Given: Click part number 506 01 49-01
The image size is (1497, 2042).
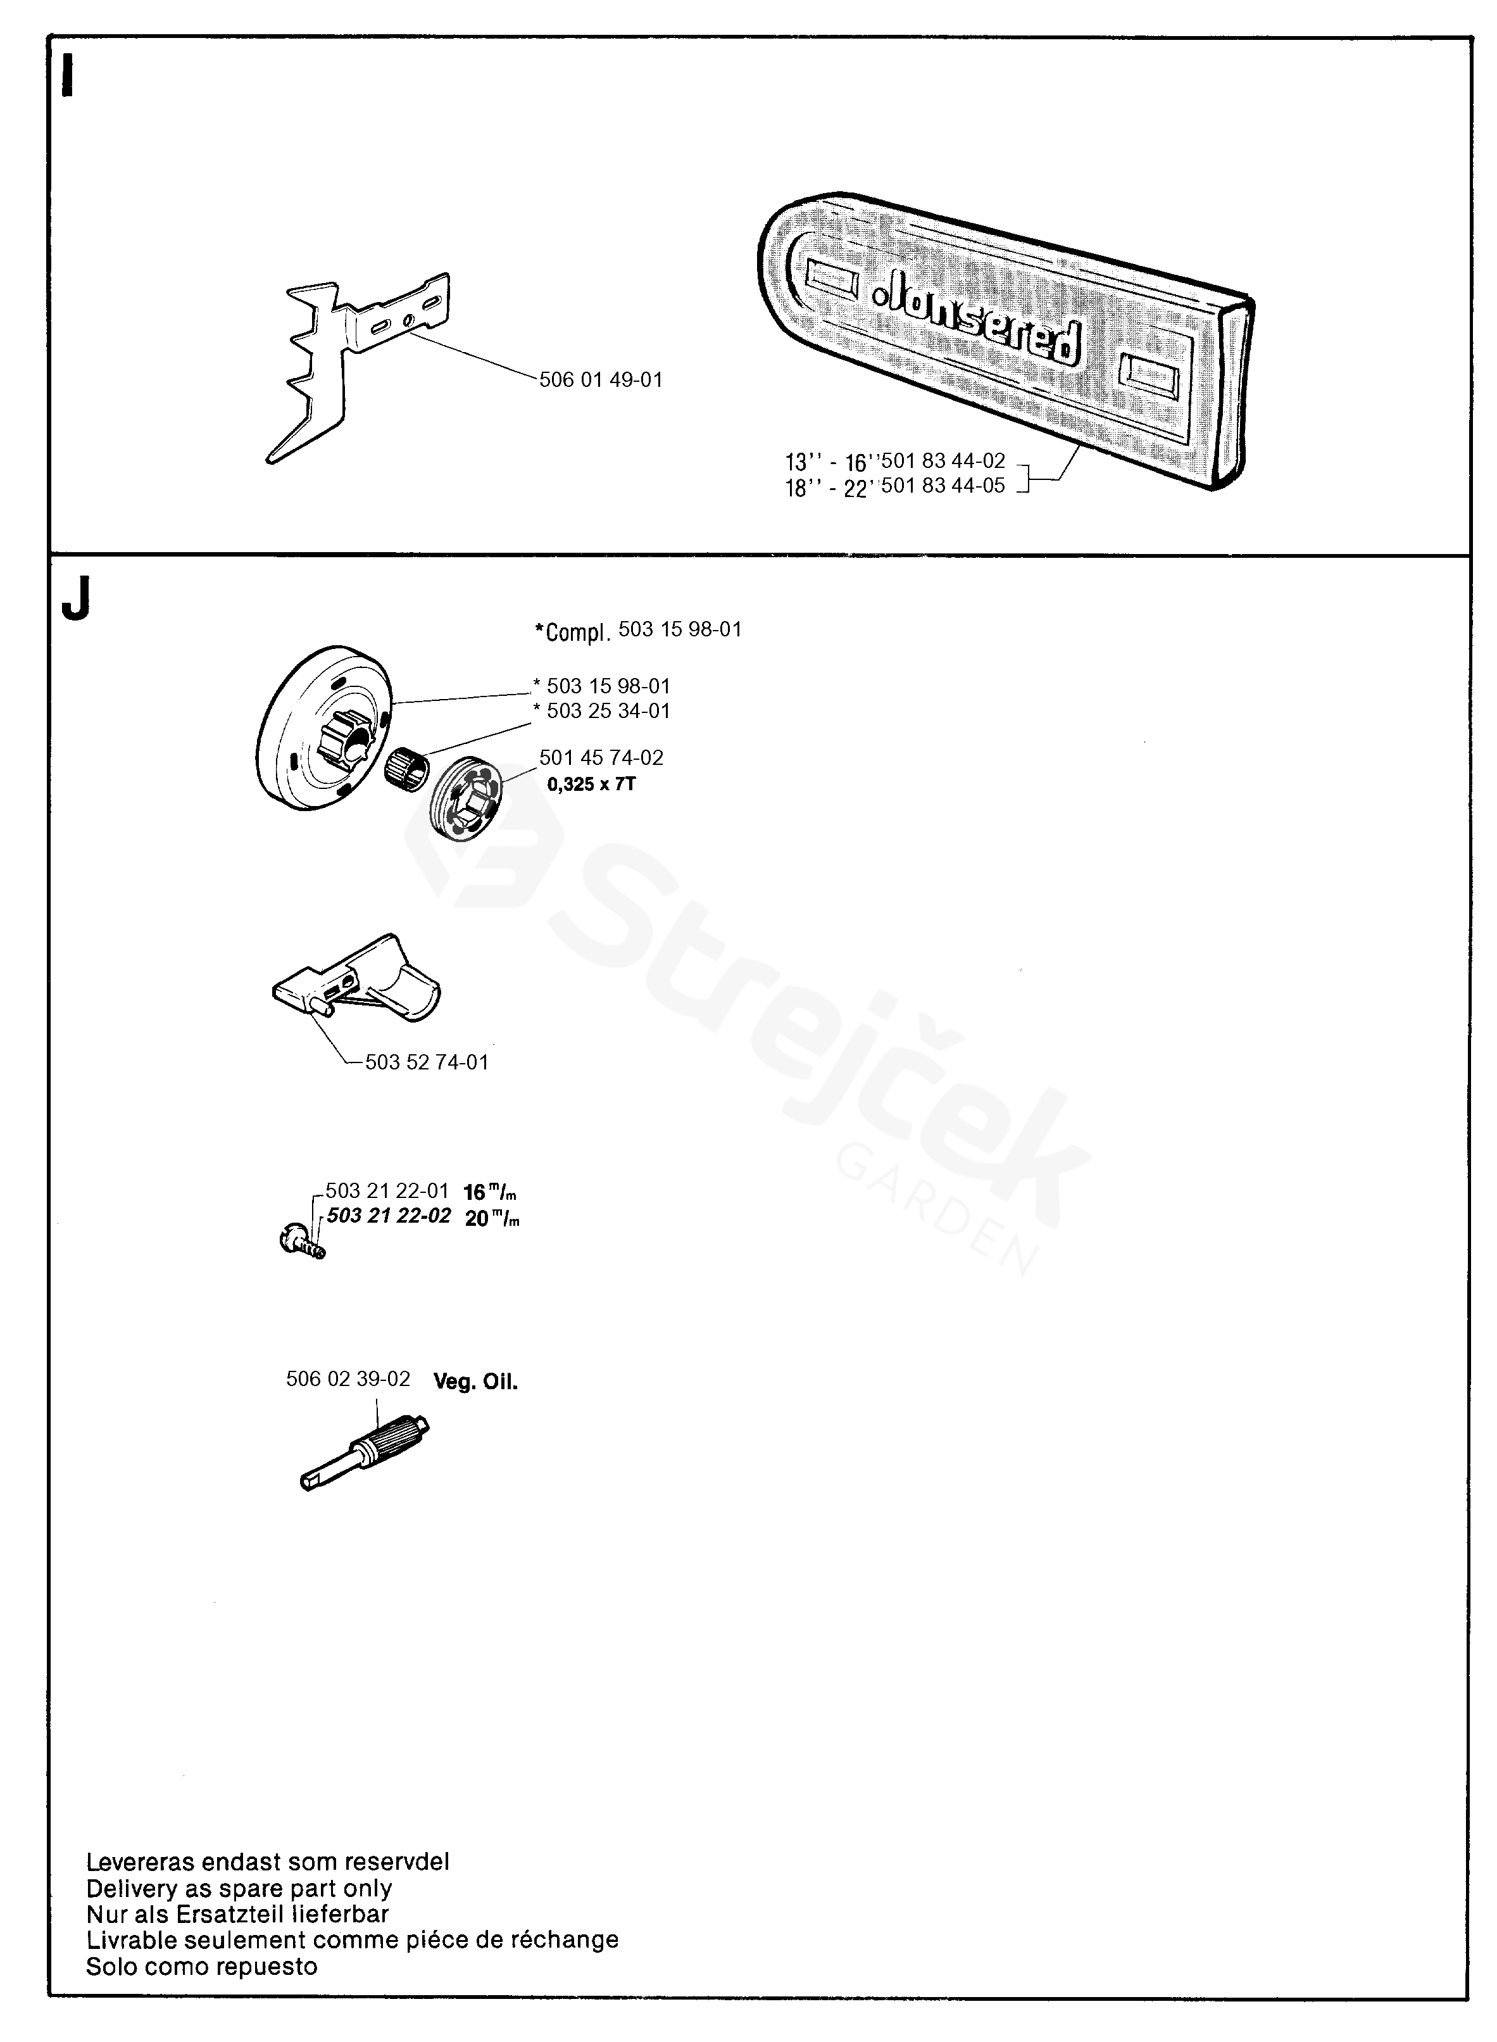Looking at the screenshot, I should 601,380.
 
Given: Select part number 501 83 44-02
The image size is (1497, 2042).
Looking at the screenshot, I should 943,462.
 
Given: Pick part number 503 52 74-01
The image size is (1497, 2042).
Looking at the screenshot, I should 426,1062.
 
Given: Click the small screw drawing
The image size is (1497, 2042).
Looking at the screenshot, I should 303,1240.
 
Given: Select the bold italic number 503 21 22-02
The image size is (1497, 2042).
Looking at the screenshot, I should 388,1216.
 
